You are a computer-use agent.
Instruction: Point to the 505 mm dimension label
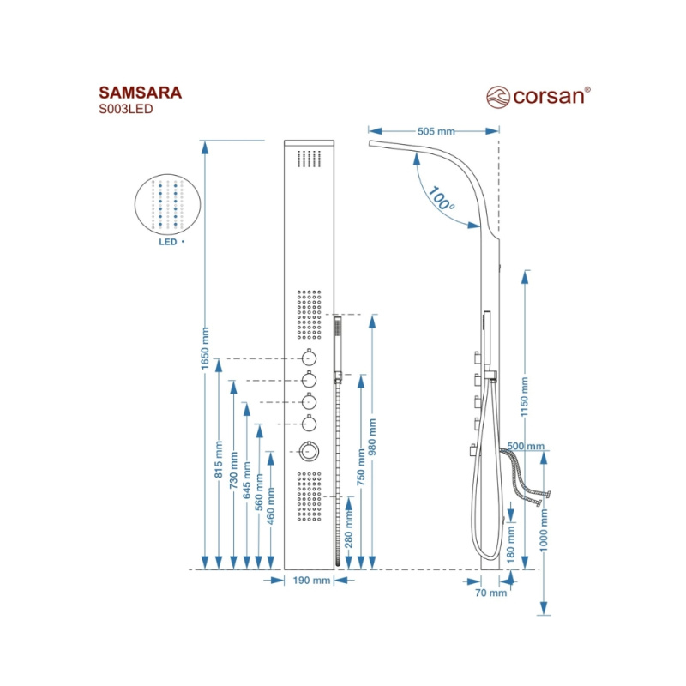tap(436, 131)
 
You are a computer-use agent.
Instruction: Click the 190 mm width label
tap(310, 581)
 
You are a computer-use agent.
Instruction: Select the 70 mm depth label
tap(491, 593)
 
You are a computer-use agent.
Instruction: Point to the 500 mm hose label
tap(525, 447)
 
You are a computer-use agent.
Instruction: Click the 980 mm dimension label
tap(372, 439)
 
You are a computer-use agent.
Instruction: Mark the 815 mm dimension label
tap(219, 463)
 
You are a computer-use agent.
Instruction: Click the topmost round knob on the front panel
tap(309, 358)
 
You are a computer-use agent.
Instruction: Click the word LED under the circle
tap(166, 243)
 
